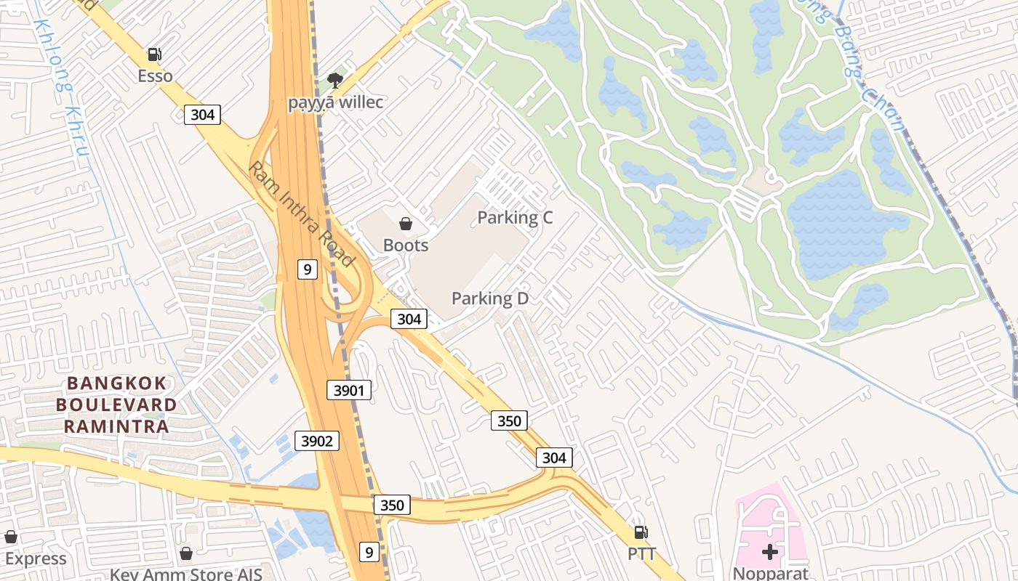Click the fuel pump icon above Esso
click(x=154, y=54)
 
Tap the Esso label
click(x=155, y=76)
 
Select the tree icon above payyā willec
click(x=334, y=80)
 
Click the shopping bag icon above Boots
click(x=406, y=224)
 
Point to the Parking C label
click(x=515, y=217)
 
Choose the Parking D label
click(x=490, y=298)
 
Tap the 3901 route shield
click(x=349, y=390)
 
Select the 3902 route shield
click(x=317, y=440)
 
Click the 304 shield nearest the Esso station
click(x=202, y=114)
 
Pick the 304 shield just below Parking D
click(x=409, y=318)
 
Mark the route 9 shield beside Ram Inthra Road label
click(x=308, y=269)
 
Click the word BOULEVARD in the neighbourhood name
click(x=116, y=405)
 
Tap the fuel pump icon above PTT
click(x=641, y=532)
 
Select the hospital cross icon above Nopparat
click(x=769, y=552)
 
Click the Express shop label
click(x=35, y=558)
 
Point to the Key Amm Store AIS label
click(x=185, y=574)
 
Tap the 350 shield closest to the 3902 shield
click(x=392, y=505)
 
